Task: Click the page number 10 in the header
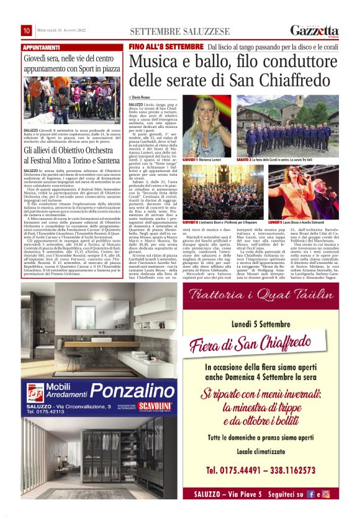27,31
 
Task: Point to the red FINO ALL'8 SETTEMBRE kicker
166,47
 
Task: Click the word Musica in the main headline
155,63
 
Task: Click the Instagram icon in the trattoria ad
326,494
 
